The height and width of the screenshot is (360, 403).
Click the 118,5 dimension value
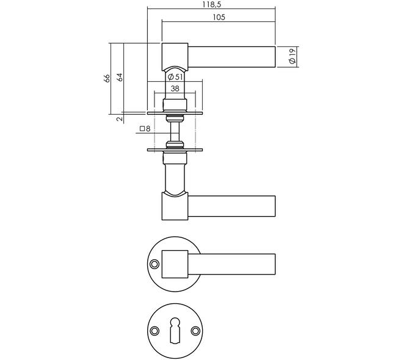tap(211, 4)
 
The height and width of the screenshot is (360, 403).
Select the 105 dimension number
tap(219, 17)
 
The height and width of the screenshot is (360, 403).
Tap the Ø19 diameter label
tap(292, 57)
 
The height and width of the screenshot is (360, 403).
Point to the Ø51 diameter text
tap(175, 76)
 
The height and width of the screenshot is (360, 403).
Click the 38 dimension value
tap(175, 88)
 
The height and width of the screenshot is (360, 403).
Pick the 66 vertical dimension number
tap(107, 78)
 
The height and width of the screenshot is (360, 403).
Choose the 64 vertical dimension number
tap(120, 77)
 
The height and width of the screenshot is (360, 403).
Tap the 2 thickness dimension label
tap(119, 118)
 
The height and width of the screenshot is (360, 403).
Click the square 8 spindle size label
tap(145, 129)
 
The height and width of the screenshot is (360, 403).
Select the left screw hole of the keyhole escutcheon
tap(154, 331)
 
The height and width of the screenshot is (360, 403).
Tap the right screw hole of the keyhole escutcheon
tap(195, 331)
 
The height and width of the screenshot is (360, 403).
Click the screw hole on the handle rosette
tap(154, 264)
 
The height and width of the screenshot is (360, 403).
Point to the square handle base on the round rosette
tap(175, 264)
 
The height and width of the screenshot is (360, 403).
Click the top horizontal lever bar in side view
tap(231, 57)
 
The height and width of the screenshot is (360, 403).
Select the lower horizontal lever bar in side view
tap(231, 206)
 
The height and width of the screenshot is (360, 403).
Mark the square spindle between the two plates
tap(175, 132)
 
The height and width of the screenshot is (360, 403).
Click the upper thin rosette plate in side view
tap(175, 113)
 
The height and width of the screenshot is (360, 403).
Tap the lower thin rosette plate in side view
tap(175, 149)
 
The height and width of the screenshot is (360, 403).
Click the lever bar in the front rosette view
tap(231, 264)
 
